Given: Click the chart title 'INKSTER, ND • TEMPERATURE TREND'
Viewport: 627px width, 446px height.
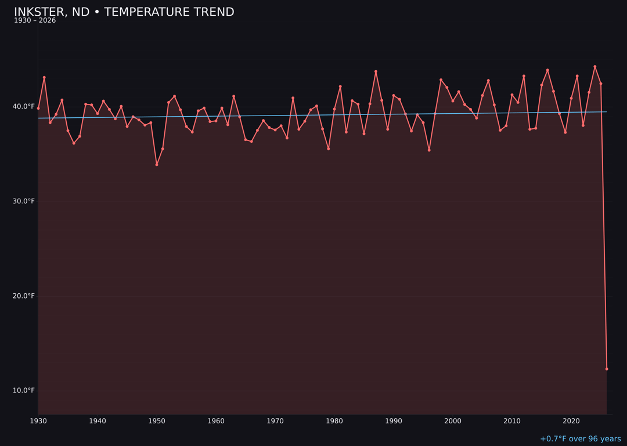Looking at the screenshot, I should point(124,12).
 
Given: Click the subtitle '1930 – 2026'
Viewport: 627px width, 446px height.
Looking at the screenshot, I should point(35,21).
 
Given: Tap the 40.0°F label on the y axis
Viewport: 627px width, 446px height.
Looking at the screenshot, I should point(24,106).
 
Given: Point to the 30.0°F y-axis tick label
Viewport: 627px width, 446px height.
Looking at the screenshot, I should point(24,202).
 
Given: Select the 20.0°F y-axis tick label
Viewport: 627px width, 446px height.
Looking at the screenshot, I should point(24,296).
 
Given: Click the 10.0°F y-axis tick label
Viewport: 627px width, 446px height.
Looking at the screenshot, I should point(24,390).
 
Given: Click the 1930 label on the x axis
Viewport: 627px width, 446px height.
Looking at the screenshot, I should point(38,421).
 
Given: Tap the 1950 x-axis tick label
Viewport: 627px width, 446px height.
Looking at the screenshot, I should point(157,421).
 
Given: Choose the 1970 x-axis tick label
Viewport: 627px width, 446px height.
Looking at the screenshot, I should point(275,421).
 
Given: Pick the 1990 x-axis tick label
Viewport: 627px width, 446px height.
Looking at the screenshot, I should point(394,421).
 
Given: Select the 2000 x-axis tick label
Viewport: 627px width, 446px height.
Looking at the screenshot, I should point(453,421).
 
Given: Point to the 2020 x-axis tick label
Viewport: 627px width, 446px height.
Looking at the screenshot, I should point(571,421).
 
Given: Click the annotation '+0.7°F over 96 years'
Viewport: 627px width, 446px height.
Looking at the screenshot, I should point(580,439).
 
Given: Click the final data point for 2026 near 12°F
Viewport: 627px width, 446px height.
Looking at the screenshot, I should point(607,369).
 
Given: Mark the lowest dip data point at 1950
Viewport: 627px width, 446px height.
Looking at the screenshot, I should point(157,165).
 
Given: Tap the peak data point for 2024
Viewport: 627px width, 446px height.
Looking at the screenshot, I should point(594,67).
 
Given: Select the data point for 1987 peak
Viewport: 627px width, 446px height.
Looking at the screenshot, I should point(376,71).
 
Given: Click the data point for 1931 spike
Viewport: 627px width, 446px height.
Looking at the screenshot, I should point(44,77).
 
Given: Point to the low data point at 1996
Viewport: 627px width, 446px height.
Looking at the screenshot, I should point(429,150).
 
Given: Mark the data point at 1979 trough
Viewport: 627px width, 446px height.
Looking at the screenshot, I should point(329,149).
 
